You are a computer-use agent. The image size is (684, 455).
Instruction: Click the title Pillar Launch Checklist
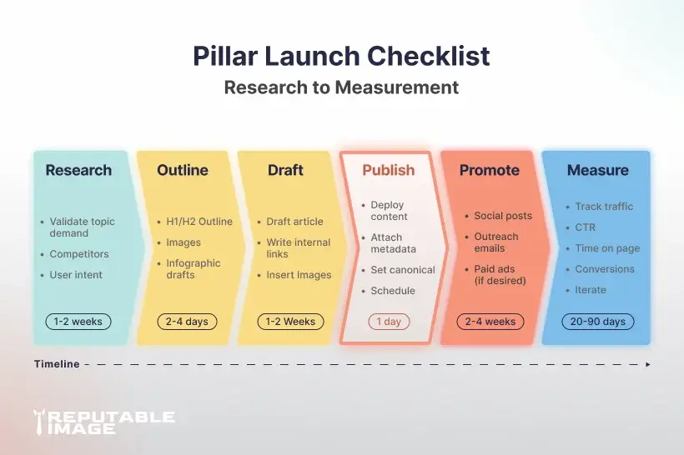tap(341, 56)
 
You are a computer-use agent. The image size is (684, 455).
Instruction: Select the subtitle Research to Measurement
tap(341, 87)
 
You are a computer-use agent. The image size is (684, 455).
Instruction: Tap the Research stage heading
tap(78, 170)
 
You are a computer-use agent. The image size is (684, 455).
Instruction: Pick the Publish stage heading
tap(388, 170)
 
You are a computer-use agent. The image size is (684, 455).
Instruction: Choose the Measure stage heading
tap(597, 170)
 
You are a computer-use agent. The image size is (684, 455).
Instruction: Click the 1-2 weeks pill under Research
tap(78, 322)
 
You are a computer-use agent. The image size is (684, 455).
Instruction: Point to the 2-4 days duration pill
tap(186, 322)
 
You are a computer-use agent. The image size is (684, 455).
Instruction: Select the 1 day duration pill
tap(389, 322)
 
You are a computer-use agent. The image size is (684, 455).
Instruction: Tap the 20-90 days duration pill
tap(596, 322)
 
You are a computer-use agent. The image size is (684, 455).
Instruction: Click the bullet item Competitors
tap(79, 254)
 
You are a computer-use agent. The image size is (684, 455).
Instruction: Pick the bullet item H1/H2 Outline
tap(199, 222)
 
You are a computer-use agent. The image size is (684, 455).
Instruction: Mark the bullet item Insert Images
tap(299, 275)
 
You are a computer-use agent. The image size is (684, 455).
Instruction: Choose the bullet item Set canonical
tap(403, 270)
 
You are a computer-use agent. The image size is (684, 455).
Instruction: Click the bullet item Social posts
tap(502, 216)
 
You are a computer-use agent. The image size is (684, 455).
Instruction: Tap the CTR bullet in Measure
tap(586, 227)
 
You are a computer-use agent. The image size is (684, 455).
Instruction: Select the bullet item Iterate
tap(591, 290)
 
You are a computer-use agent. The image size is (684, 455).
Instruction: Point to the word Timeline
tap(57, 364)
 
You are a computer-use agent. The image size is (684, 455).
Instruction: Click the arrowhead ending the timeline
tap(648, 364)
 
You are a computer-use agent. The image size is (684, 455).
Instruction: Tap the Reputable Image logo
tap(103, 422)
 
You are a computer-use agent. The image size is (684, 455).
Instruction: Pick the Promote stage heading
tap(489, 170)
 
